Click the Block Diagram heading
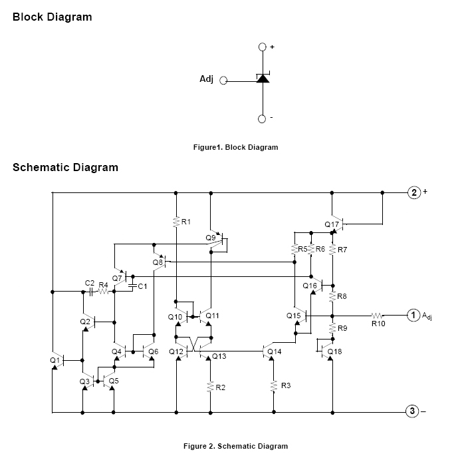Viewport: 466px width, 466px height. (x=52, y=17)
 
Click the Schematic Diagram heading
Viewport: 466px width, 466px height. (x=65, y=167)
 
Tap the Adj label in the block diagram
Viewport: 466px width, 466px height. (x=207, y=80)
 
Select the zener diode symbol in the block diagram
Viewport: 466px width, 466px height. (x=263, y=79)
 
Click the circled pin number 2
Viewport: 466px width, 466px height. (x=414, y=192)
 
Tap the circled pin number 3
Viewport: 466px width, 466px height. (x=412, y=411)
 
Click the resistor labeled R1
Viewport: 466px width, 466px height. (x=176, y=222)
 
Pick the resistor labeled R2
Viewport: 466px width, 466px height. (x=210, y=386)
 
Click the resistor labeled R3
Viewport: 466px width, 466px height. (x=273, y=385)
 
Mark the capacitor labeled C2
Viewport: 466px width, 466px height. (x=90, y=292)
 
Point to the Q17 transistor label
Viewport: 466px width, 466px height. (x=332, y=224)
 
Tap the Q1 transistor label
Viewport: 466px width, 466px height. (x=55, y=359)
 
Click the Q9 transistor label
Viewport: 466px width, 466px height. (x=211, y=237)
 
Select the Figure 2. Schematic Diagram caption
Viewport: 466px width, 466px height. (x=235, y=446)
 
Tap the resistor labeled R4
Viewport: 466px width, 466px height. (x=104, y=292)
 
